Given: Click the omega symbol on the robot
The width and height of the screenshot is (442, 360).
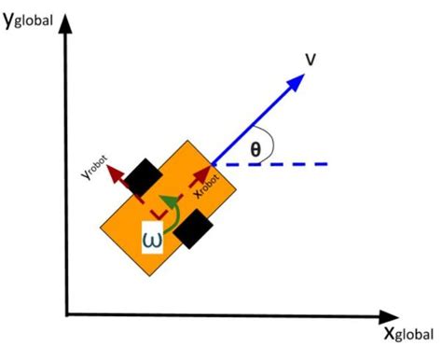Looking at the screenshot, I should pos(153,239).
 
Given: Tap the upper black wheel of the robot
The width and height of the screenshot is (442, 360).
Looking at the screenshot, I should pos(145,174).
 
